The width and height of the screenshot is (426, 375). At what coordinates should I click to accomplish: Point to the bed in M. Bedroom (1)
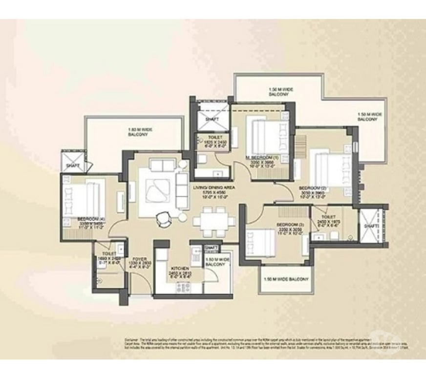[264, 132]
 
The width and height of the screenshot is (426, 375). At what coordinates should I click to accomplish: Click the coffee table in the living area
[157, 188]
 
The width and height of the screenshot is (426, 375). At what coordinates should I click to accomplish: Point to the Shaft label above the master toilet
[212, 119]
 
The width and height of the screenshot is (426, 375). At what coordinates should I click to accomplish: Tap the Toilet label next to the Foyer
[109, 254]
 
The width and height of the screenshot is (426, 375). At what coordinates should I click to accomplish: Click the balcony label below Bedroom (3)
[286, 279]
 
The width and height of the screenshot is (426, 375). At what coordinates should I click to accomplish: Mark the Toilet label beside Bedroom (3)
[326, 216]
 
